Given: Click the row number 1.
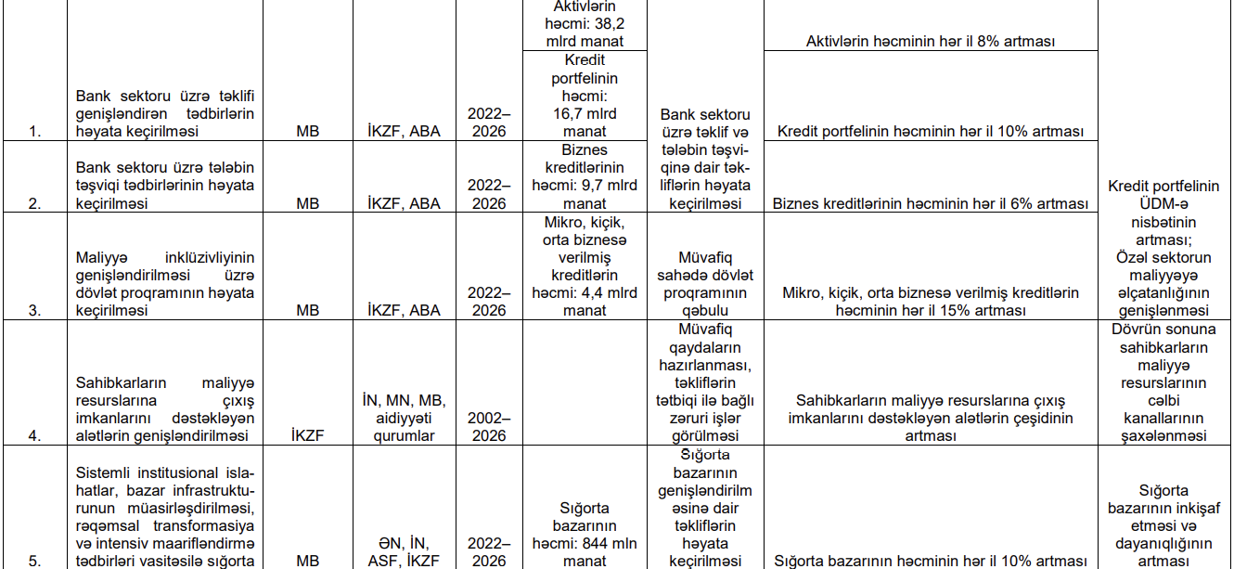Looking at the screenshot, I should pyautogui.click(x=35, y=132).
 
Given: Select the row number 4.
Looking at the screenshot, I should pyautogui.click(x=35, y=436).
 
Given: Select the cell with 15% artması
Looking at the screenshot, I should pyautogui.click(x=930, y=302).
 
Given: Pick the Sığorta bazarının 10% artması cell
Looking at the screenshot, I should pyautogui.click(x=930, y=562).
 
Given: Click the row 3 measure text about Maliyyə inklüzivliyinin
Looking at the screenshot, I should pyautogui.click(x=165, y=284).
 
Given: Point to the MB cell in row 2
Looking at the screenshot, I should pyautogui.click(x=308, y=204).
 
